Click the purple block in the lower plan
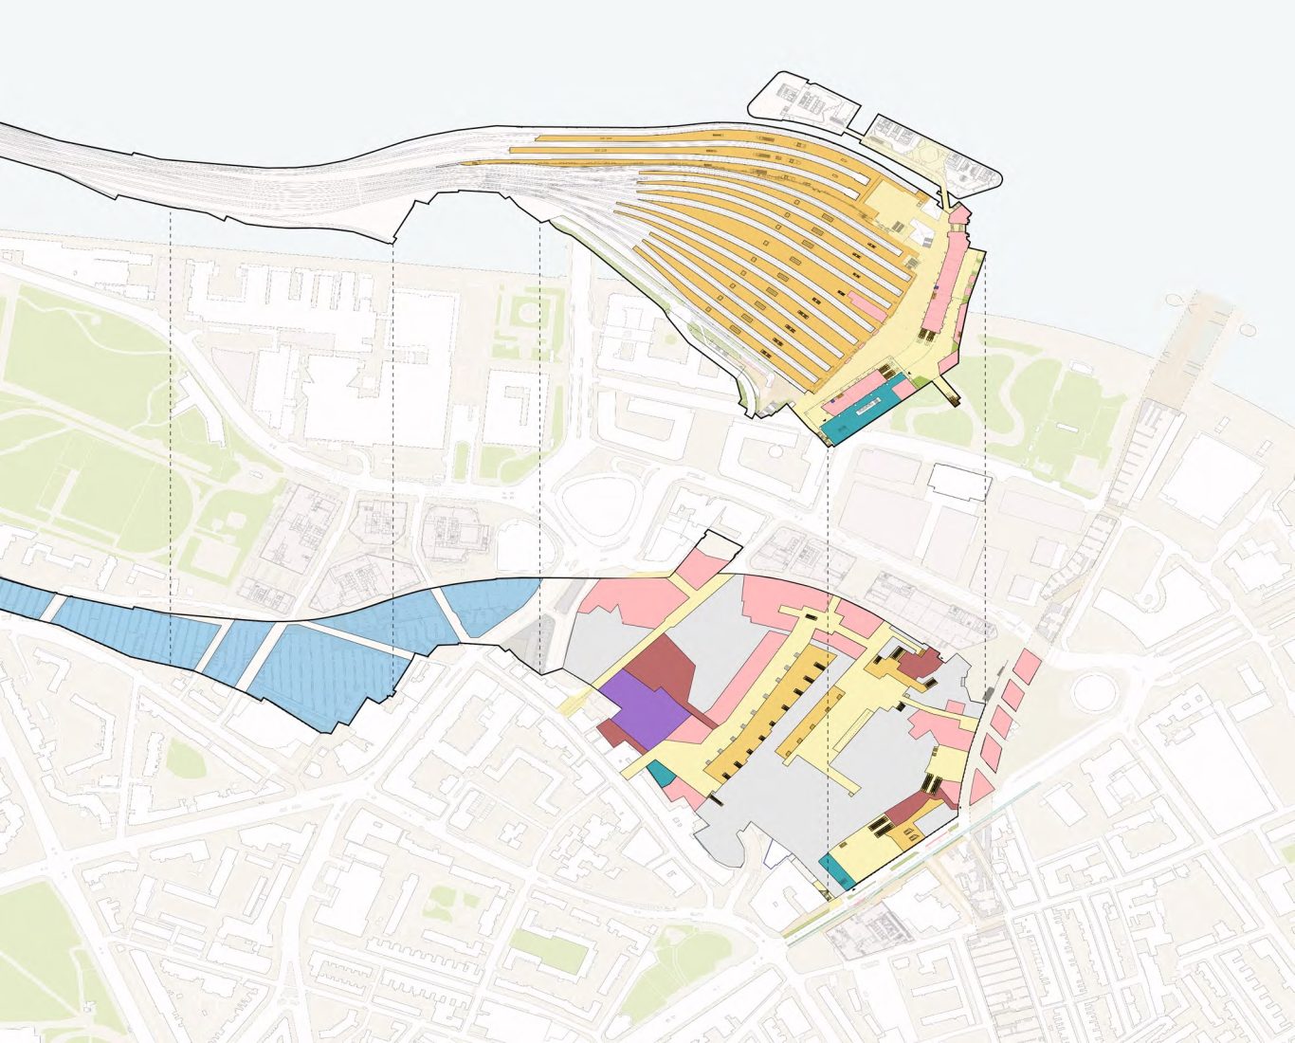(x=642, y=712)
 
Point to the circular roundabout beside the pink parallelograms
(x=1096, y=691)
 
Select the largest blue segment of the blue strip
(x=322, y=673)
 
